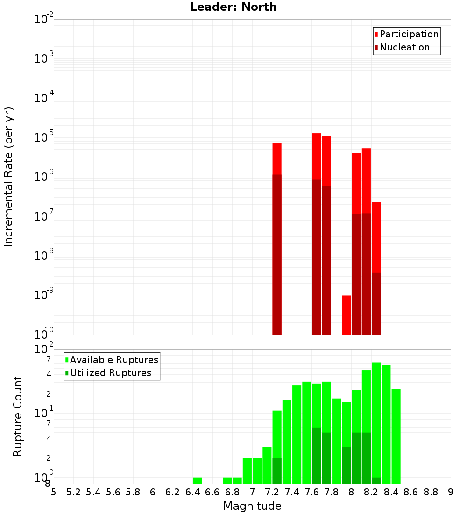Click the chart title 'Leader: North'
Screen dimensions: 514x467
pos(233,7)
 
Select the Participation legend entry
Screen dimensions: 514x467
pos(406,34)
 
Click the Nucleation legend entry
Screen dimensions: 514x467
pos(402,47)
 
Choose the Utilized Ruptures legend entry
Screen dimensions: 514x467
pos(107,373)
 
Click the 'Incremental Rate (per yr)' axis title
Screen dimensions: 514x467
pos(8,177)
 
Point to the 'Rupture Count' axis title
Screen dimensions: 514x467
pos(18,416)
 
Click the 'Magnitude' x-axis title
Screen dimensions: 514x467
pos(252,506)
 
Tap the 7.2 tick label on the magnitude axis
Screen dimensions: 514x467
pos(272,492)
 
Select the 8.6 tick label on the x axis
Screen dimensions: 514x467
pos(411,492)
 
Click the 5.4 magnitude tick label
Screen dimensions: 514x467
pos(93,492)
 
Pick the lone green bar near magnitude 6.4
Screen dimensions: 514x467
pos(198,480)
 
